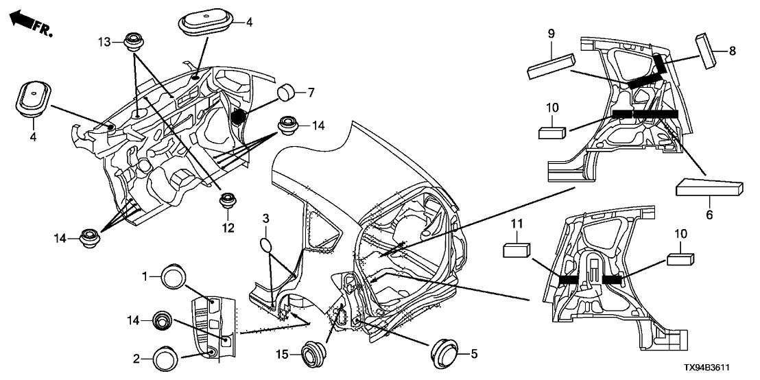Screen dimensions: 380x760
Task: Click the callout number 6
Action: [x=709, y=215]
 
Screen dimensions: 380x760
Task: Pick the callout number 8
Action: [x=732, y=50]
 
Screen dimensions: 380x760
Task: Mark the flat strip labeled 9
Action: [x=550, y=68]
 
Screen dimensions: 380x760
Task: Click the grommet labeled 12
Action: [x=227, y=201]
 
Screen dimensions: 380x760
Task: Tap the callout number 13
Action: [x=104, y=42]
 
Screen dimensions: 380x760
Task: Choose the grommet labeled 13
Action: [x=133, y=41]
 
